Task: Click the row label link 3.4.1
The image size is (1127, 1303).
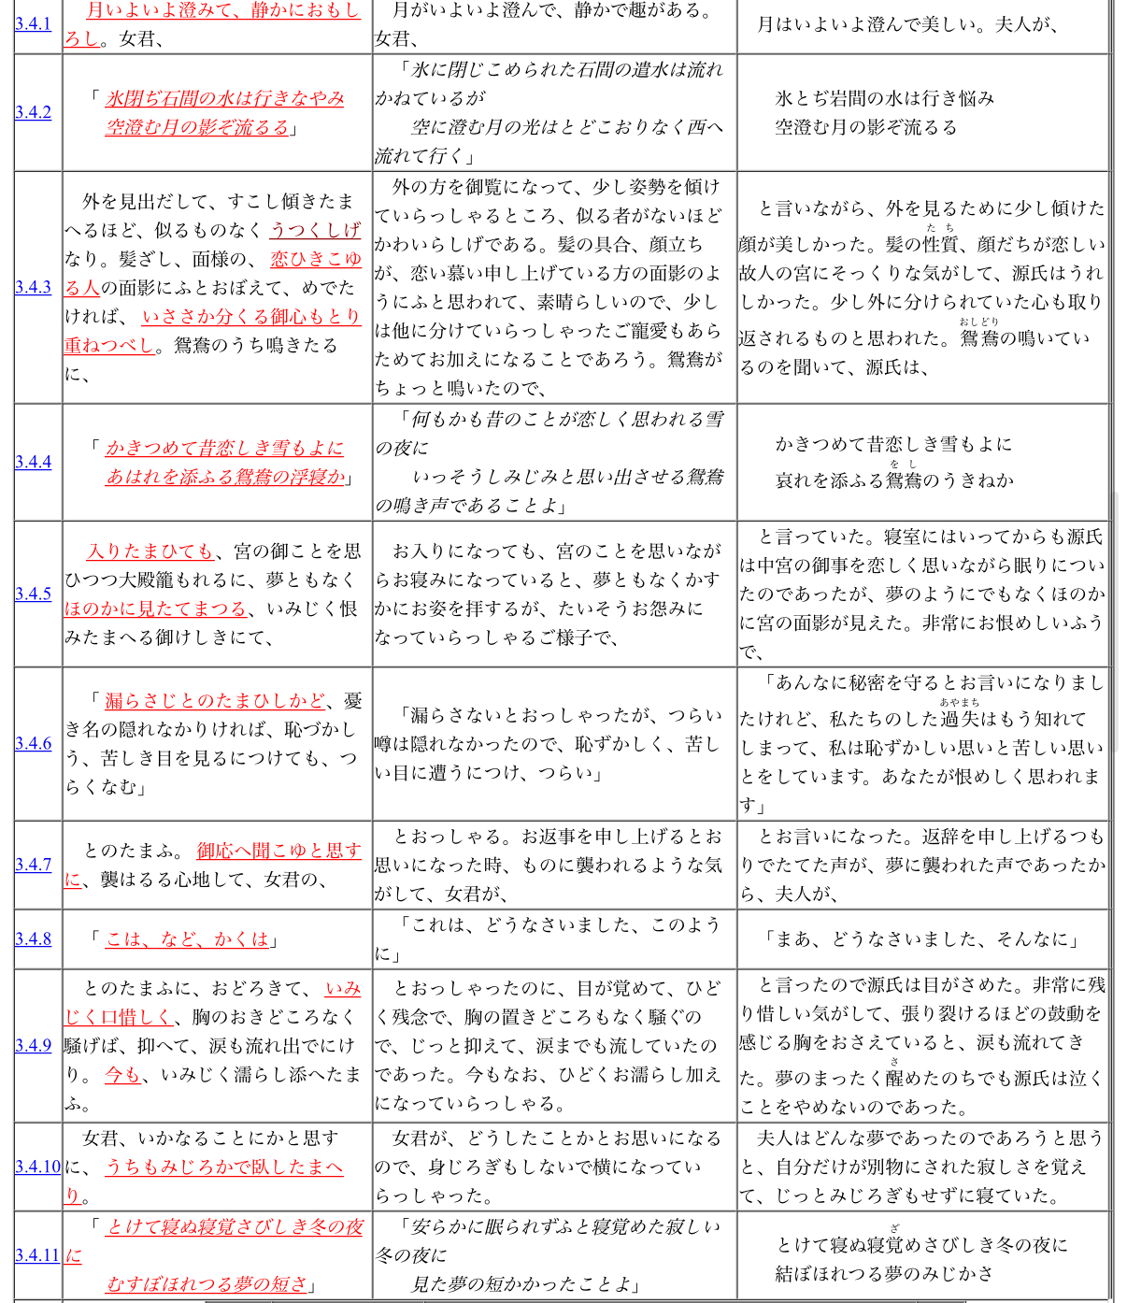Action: [33, 23]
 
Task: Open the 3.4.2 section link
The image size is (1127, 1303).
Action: [33, 112]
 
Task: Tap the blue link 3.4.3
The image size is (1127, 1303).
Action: [33, 287]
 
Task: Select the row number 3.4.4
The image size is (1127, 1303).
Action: [33, 462]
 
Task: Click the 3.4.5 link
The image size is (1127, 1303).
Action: [33, 594]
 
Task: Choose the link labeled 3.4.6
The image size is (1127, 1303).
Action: [33, 743]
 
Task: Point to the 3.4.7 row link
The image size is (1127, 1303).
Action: [33, 865]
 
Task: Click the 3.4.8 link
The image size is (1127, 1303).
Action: [33, 938]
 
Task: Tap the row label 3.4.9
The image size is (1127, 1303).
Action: [33, 1045]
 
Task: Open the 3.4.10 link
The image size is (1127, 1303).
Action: [37, 1167]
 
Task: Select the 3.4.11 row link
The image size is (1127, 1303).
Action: [37, 1255]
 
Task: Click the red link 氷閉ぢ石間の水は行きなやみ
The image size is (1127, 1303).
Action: [224, 98]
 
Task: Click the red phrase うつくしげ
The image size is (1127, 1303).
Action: [315, 230]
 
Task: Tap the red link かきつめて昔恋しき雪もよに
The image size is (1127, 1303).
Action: [224, 448]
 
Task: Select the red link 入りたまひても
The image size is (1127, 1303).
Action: [150, 551]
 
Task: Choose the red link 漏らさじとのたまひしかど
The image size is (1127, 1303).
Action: [215, 700]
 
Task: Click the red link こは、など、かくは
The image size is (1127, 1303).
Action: [187, 938]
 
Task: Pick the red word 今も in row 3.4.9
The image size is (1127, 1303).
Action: [121, 1074]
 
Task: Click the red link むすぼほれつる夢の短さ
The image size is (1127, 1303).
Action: [207, 1283]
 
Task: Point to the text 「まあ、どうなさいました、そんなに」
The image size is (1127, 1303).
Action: [921, 938]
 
